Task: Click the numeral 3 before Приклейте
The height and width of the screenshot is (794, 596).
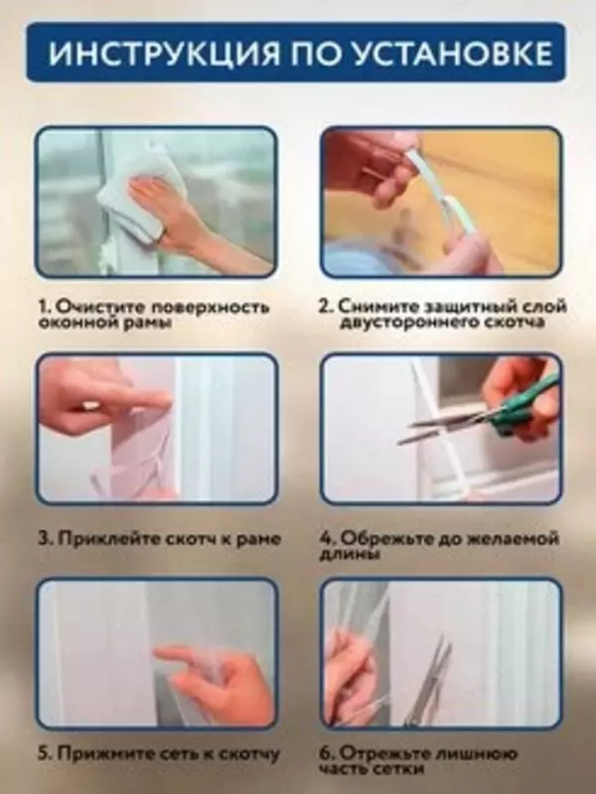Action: (x=45, y=539)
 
